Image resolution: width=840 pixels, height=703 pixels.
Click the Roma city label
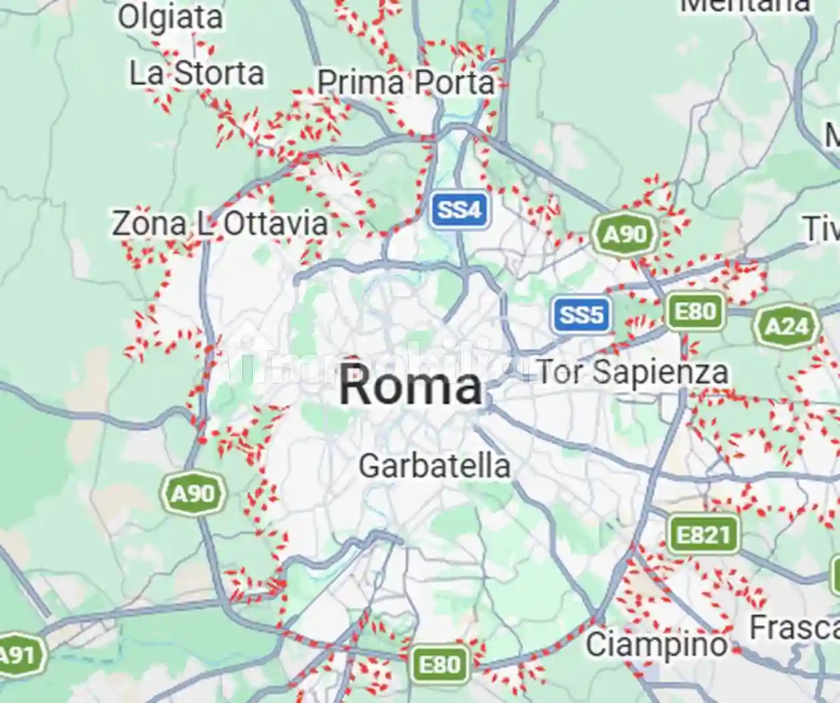click(410, 386)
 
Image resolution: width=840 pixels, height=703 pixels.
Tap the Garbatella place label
click(434, 465)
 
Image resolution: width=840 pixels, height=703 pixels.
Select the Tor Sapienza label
click(633, 372)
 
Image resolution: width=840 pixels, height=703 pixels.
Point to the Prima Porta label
click(406, 83)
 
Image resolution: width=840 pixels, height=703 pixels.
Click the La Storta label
click(197, 74)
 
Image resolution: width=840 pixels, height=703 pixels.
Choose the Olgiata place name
click(170, 17)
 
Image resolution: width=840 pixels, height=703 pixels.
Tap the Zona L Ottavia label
click(220, 224)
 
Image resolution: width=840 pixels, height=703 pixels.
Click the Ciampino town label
click(657, 645)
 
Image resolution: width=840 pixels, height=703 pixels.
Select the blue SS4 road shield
click(460, 210)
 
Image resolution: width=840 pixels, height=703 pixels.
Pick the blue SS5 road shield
click(581, 315)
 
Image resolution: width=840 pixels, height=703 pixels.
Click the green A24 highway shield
click(786, 327)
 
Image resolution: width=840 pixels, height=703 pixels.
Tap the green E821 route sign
click(703, 535)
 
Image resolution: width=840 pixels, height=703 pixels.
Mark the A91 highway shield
click(20, 655)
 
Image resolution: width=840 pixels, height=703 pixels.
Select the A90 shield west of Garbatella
click(193, 494)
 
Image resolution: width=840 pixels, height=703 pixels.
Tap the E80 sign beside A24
click(695, 312)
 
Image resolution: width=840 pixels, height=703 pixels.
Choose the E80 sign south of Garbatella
click(439, 665)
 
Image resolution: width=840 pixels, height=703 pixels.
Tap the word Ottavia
click(275, 224)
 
